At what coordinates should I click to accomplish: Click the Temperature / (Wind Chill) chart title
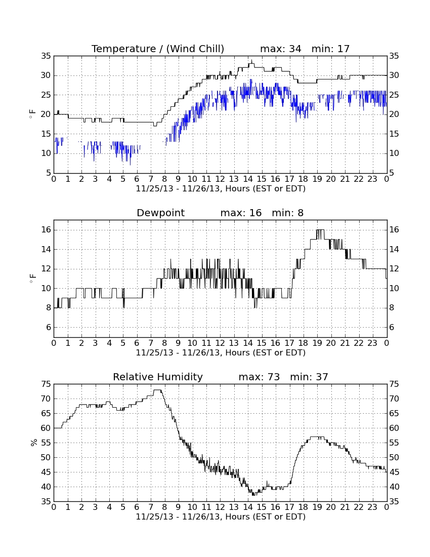[158, 49]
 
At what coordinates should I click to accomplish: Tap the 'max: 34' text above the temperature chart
[281, 49]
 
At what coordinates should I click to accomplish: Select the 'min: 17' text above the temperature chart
[330, 49]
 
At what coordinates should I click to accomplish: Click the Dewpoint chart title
[160, 213]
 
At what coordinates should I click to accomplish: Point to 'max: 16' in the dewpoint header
[241, 213]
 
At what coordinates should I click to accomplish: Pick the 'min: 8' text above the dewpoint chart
[288, 213]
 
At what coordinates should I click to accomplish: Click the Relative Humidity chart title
[157, 377]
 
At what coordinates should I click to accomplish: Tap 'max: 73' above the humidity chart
[259, 377]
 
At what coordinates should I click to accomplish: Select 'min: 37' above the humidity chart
[309, 377]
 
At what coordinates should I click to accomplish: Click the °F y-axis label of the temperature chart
[33, 114]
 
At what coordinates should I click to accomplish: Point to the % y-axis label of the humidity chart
[34, 443]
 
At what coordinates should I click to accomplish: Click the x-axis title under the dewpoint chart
[221, 353]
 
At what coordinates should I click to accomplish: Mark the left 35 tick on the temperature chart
[46, 56]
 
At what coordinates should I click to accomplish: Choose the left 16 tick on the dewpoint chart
[46, 230]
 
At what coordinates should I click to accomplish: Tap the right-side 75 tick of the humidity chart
[394, 384]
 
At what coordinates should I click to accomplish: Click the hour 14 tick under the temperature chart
[248, 179]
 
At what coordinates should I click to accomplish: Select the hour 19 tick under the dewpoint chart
[317, 343]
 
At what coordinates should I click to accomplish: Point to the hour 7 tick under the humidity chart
[151, 507]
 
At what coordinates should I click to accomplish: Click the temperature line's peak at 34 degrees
[251, 60]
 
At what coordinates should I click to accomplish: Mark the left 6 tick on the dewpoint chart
[49, 328]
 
